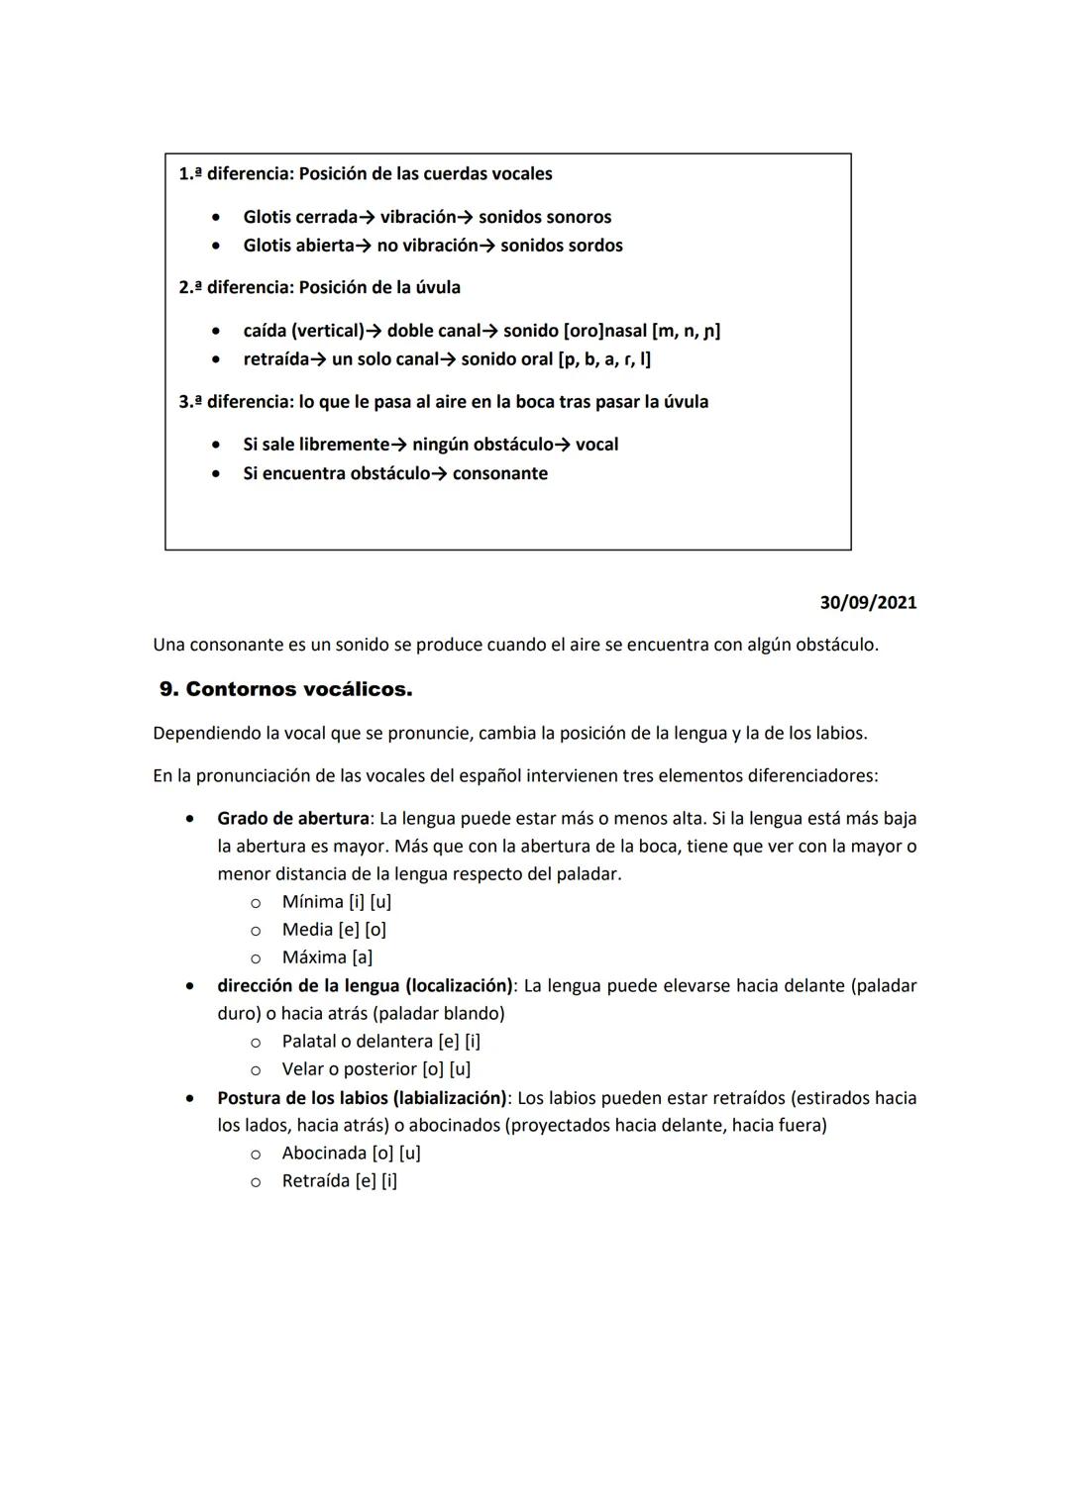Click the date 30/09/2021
[x=868, y=602]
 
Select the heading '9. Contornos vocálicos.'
[x=285, y=689]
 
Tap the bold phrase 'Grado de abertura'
[x=293, y=819]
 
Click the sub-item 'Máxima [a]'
[x=327, y=957]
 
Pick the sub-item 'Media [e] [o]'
[x=334, y=930]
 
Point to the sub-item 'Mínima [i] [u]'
[x=336, y=902]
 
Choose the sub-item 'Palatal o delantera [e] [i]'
[x=380, y=1042]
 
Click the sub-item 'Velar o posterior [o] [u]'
[x=375, y=1069]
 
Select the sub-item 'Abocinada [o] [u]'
[x=351, y=1154]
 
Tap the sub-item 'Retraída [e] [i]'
[x=339, y=1181]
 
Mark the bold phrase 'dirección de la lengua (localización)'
[x=365, y=986]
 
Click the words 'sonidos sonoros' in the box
[x=545, y=217]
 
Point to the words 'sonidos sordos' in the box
[x=561, y=246]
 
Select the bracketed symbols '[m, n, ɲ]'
[x=686, y=331]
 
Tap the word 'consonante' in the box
[x=499, y=473]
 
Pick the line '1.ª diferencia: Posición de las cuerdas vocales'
[x=366, y=174]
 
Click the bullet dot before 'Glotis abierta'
[x=215, y=246]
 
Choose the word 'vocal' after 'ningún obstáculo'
[x=596, y=445]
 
